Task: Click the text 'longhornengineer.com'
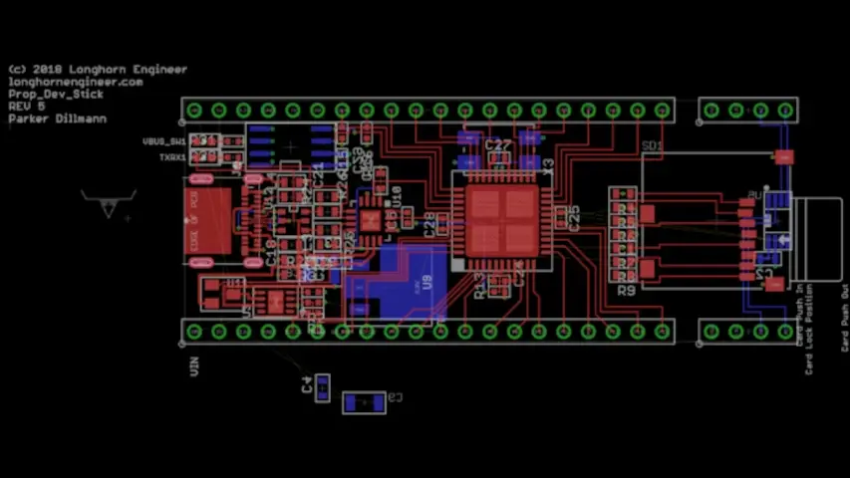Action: point(75,83)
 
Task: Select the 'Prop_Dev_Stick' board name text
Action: point(56,95)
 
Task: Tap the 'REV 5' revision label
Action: point(27,107)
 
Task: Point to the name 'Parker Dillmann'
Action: point(58,119)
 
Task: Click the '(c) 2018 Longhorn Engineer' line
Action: point(97,70)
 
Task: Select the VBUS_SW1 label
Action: point(164,142)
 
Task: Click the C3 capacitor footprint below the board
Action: point(364,402)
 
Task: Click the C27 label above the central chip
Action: point(497,145)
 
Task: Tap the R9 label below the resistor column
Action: point(626,291)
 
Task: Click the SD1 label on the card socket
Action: point(652,146)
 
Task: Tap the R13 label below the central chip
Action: point(480,288)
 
